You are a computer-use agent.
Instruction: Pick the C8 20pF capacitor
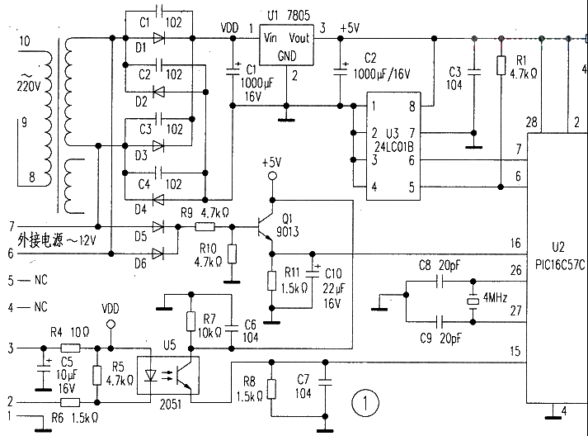pyautogui.click(x=444, y=281)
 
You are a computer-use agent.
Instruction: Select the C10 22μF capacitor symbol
pyautogui.click(x=312, y=272)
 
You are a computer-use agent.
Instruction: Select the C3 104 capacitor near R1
pyautogui.click(x=473, y=73)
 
